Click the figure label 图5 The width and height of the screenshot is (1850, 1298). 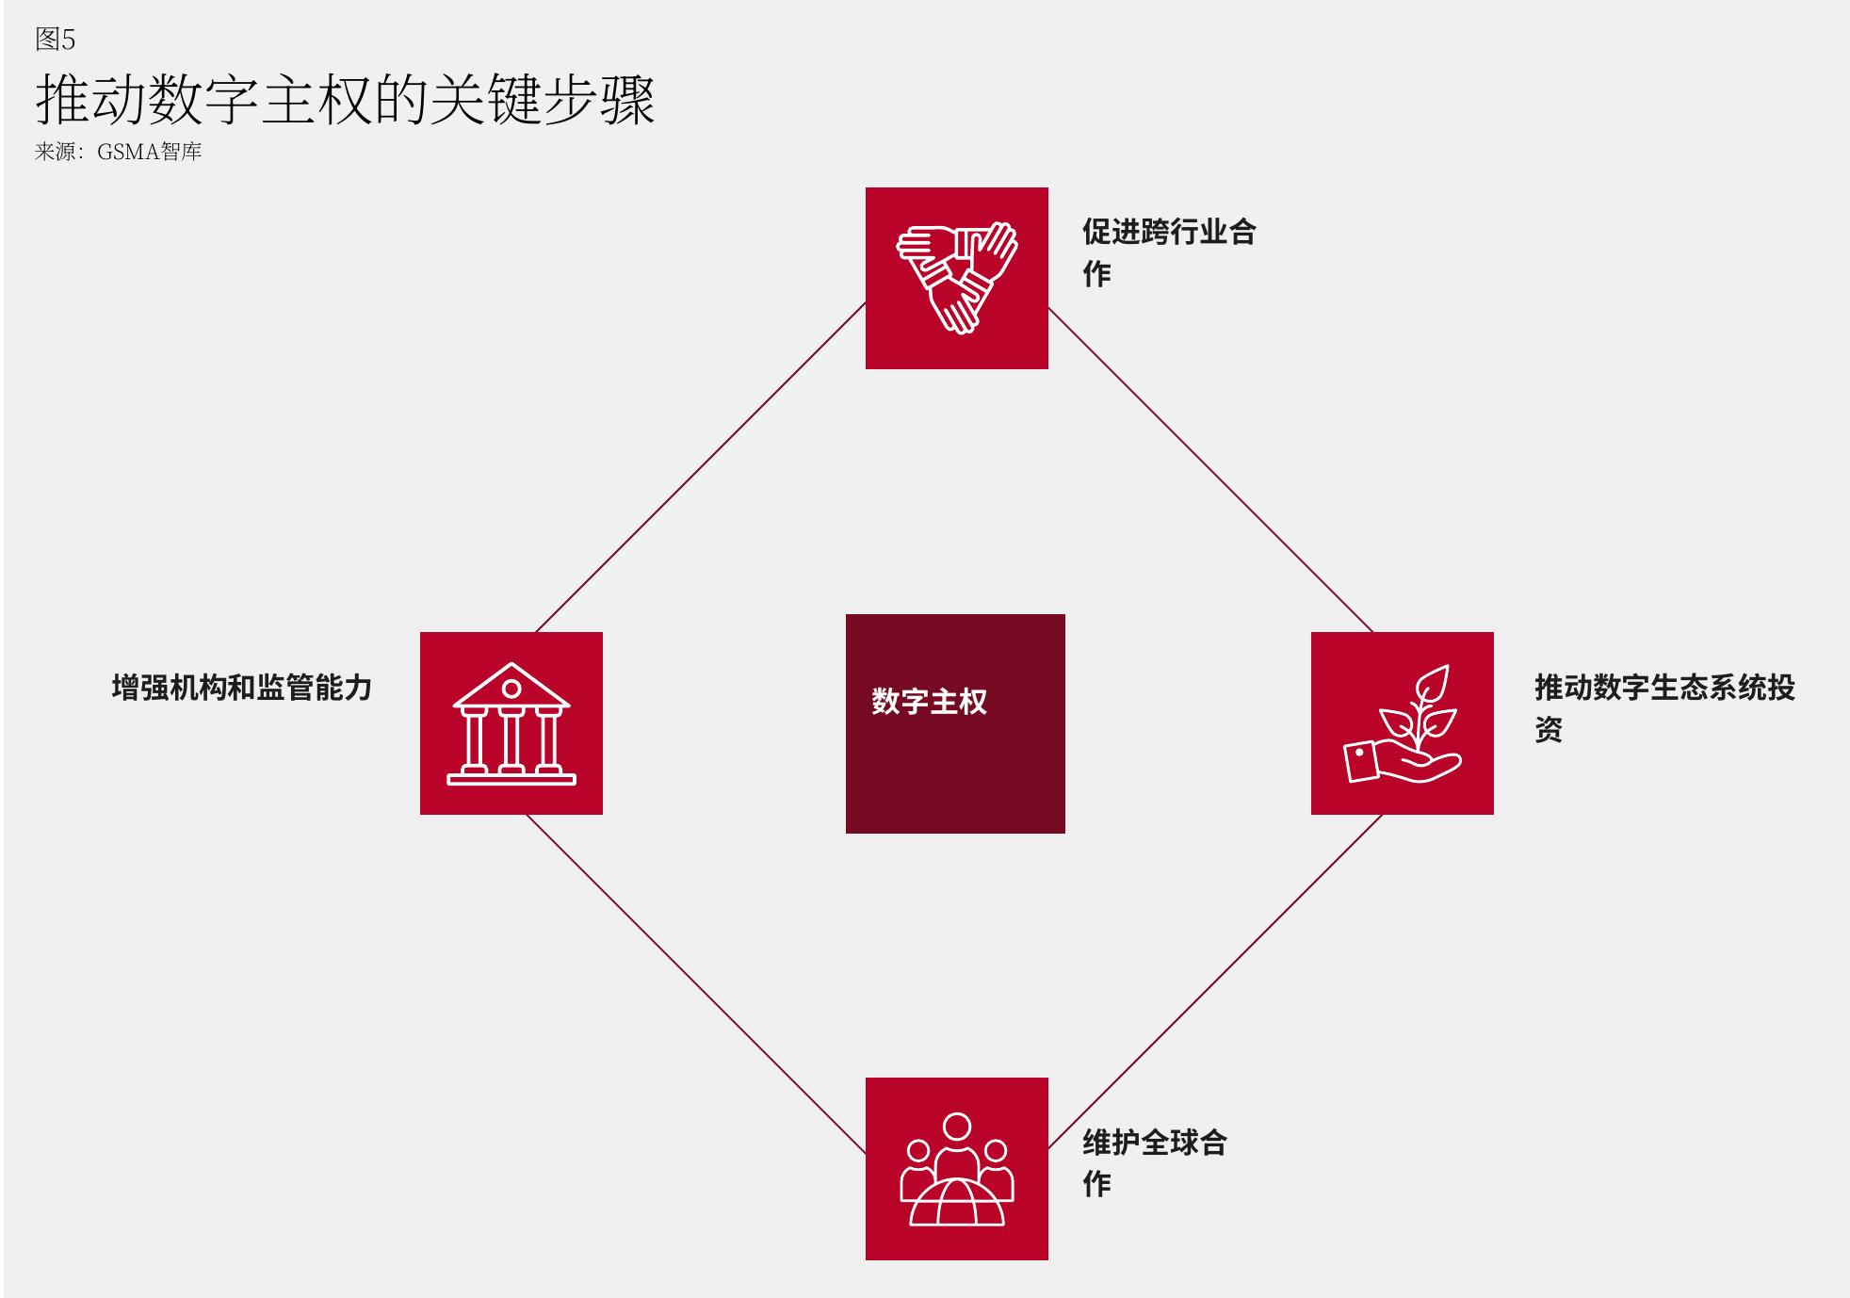click(x=55, y=39)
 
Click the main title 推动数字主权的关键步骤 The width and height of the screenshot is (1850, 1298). click(x=345, y=99)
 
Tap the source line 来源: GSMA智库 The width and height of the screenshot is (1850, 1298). click(x=118, y=152)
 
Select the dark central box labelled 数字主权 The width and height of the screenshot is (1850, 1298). click(x=955, y=723)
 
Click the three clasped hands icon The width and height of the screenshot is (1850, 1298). click(x=957, y=278)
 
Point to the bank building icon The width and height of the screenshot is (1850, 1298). click(x=511, y=723)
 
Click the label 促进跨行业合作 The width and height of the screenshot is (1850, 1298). click(x=1169, y=252)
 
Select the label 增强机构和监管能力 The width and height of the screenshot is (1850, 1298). click(x=242, y=688)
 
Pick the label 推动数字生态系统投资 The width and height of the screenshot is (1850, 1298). click(x=1664, y=707)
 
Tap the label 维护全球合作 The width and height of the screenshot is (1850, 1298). click(x=1155, y=1162)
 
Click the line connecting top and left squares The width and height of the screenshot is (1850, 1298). click(x=701, y=467)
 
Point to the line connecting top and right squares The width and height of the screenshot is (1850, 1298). click(x=1210, y=470)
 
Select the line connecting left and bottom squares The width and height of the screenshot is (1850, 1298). click(x=696, y=984)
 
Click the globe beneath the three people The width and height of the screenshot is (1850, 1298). click(x=957, y=1202)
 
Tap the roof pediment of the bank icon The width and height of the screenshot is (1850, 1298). click(x=511, y=686)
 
